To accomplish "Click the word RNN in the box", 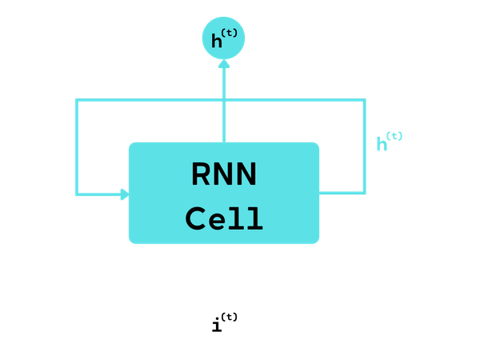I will pos(224,174).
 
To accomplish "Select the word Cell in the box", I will pos(224,218).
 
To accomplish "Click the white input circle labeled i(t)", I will pos(224,323).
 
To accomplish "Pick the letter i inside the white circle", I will pos(215,326).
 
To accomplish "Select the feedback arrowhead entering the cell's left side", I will pos(123,194).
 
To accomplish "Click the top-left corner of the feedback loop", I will pos(77,101).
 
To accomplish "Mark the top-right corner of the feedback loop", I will pos(365,101).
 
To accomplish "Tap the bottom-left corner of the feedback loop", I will pos(77,194).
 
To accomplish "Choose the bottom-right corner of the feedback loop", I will pos(365,192).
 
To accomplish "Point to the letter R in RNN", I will pos(201,174).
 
